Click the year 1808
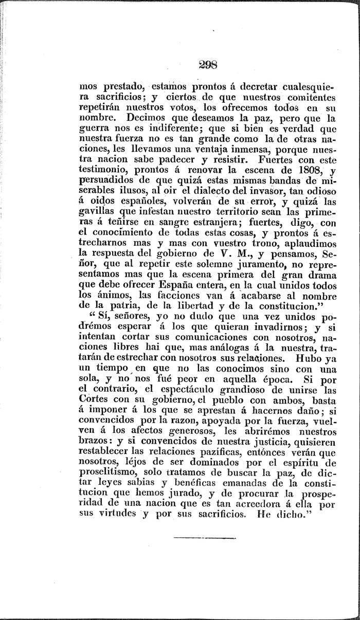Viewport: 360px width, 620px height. tap(296, 171)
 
